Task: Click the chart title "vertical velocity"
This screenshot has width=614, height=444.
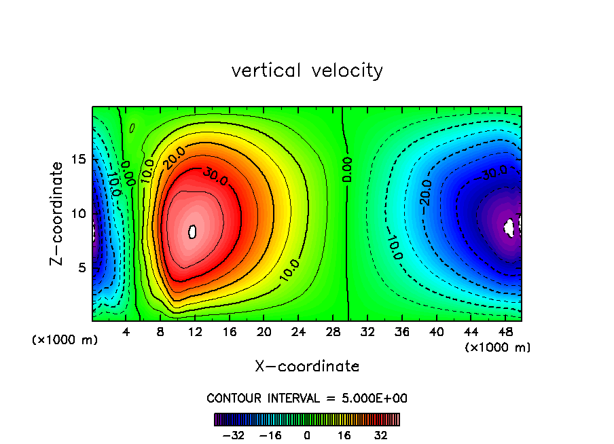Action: tap(307, 71)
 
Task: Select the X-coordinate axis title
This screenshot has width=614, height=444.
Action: tap(307, 366)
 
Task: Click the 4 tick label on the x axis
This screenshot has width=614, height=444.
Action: tap(126, 333)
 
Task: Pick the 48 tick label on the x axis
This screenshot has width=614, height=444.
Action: tap(505, 333)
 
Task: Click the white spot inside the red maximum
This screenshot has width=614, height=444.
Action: tap(192, 232)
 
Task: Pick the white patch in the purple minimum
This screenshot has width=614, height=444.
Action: tap(511, 226)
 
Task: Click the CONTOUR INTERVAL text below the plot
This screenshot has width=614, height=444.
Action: tap(307, 398)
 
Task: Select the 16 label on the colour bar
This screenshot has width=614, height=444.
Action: tap(345, 435)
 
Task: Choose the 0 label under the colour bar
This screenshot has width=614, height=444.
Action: tap(307, 435)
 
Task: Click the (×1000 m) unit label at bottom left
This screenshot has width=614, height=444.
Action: tap(65, 340)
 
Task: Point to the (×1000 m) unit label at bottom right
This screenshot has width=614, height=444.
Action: tap(497, 348)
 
